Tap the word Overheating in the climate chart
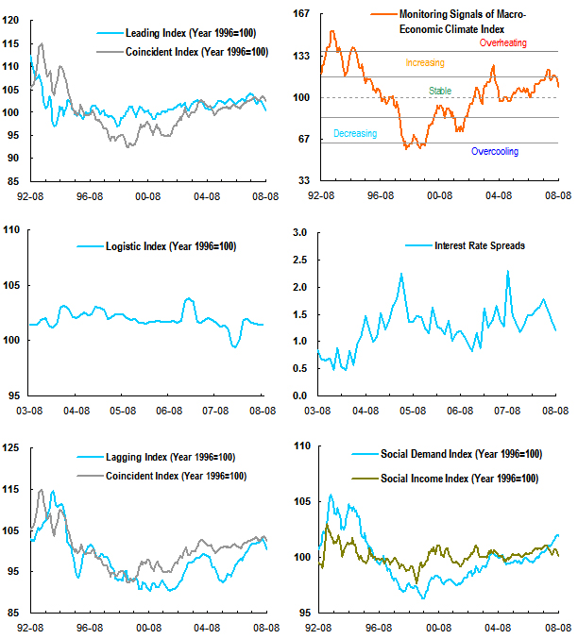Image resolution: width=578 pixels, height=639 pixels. point(502,43)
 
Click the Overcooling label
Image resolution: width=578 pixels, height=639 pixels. point(494,151)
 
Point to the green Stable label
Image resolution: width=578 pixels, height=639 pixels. point(440,91)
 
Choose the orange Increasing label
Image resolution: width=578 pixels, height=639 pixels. point(424,63)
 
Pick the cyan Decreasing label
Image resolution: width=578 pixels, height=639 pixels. point(355,134)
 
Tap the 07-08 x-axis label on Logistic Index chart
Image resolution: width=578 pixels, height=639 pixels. point(215,411)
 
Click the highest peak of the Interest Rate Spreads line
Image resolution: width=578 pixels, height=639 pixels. point(508,272)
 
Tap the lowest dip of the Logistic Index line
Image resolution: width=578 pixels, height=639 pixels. point(235,346)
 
